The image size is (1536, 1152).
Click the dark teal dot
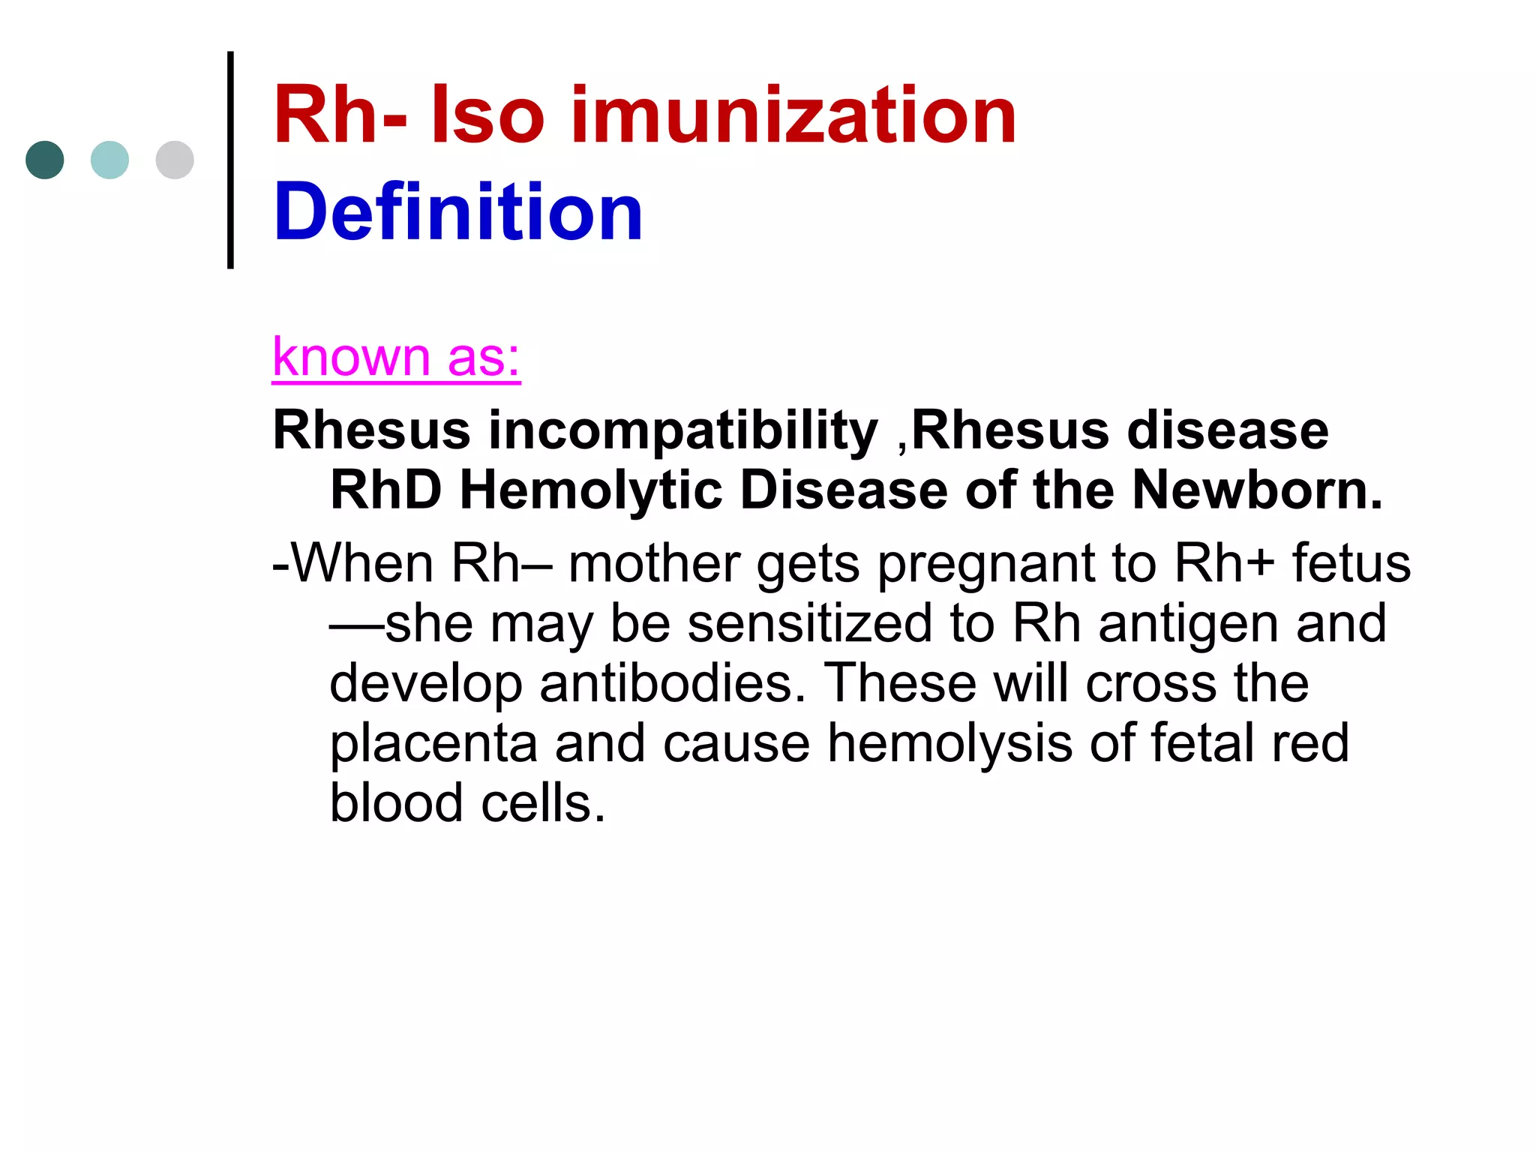(x=45, y=160)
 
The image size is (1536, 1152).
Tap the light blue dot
(x=109, y=160)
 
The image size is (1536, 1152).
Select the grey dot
(x=175, y=160)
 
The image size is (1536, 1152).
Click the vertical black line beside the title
(x=230, y=160)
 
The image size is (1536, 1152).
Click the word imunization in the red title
(x=793, y=115)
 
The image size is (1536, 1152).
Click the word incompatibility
(x=682, y=432)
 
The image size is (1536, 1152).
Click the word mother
(x=654, y=563)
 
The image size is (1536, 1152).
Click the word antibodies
(x=672, y=683)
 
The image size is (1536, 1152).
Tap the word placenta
(x=433, y=744)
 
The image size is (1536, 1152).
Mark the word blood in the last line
(x=397, y=803)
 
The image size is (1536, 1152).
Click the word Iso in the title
(x=487, y=115)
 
